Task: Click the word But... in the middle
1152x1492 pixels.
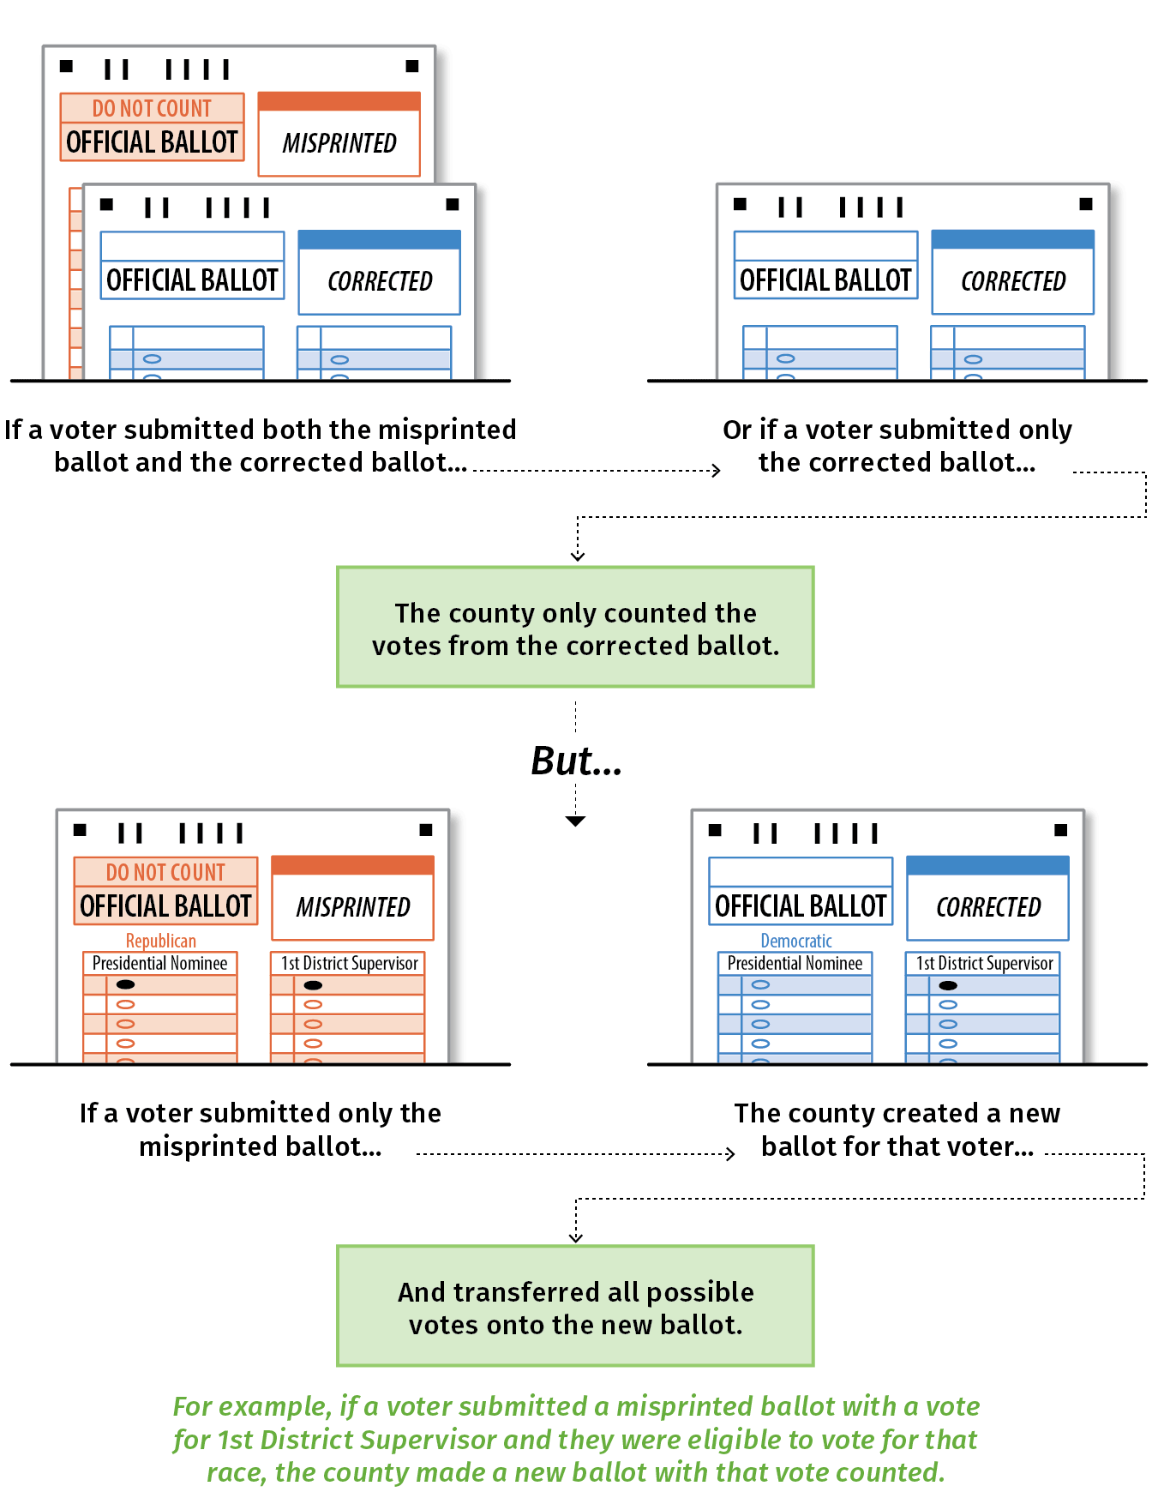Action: click(x=576, y=761)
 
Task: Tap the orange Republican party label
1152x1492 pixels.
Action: click(x=161, y=941)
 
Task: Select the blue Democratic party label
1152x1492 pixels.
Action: click(x=796, y=941)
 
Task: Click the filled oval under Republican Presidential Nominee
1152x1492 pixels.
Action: click(x=125, y=984)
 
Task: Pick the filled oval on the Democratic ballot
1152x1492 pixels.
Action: click(x=948, y=985)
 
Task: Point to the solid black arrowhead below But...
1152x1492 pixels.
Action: click(x=576, y=821)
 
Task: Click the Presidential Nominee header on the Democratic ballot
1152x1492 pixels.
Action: click(x=795, y=964)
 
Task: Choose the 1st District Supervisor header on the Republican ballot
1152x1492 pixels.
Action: click(x=350, y=964)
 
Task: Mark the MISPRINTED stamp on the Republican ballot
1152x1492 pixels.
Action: click(x=353, y=906)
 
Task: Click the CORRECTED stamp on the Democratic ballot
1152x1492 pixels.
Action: click(x=988, y=906)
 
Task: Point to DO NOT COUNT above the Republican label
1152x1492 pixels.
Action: click(x=165, y=872)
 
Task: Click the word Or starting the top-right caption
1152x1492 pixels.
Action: click(x=737, y=430)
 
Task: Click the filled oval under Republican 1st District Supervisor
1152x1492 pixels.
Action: click(x=313, y=985)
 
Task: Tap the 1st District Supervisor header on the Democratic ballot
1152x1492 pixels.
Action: click(x=984, y=964)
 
